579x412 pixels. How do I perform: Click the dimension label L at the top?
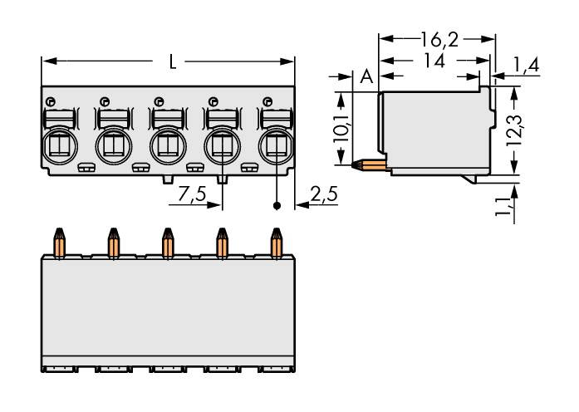[170, 62]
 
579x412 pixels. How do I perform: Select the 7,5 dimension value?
[194, 196]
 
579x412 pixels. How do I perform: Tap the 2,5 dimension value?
[322, 196]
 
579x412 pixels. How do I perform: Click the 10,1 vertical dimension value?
[340, 130]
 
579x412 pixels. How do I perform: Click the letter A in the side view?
[366, 78]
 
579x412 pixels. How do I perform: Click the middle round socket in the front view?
[167, 147]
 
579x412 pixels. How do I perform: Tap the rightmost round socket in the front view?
[275, 147]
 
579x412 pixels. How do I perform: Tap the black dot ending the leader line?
[276, 205]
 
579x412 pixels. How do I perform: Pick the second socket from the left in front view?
[112, 147]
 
